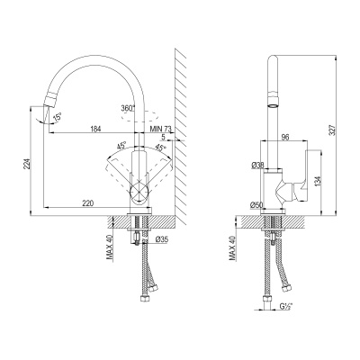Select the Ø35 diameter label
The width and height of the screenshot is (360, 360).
162,238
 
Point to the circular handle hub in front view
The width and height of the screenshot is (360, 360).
139,191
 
